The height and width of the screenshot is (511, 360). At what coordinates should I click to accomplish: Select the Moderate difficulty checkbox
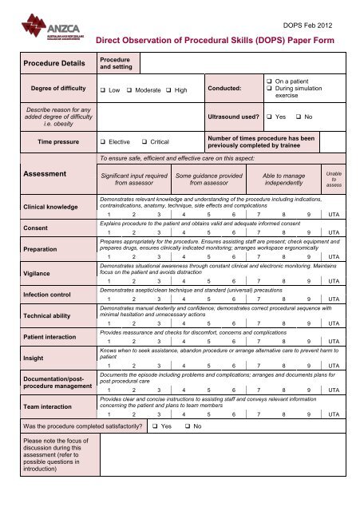133,90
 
